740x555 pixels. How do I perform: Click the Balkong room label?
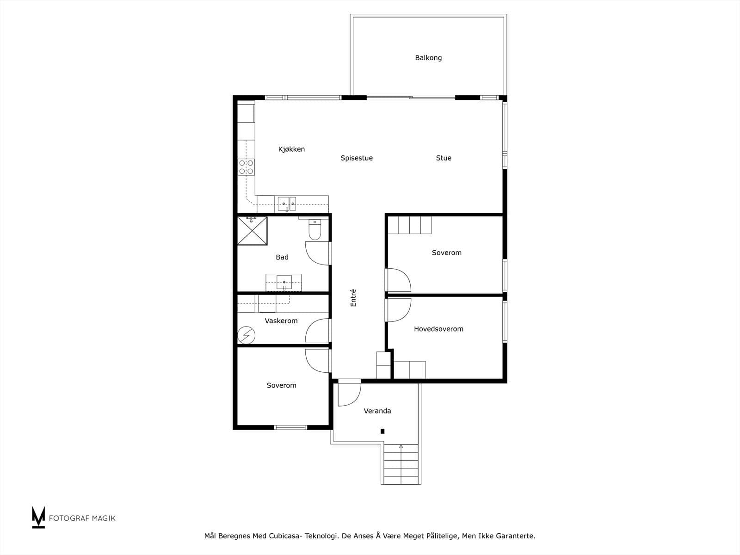tap(428, 58)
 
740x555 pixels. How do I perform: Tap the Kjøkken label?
tap(291, 149)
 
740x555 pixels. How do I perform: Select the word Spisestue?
tap(356, 158)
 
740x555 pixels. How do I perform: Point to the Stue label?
tap(444, 158)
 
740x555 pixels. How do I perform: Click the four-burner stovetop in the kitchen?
tap(246, 167)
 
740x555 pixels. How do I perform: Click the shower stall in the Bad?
tap(252, 231)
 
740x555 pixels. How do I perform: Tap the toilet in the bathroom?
tap(314, 229)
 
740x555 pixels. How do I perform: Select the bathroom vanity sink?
tap(284, 283)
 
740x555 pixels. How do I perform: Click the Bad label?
tap(282, 257)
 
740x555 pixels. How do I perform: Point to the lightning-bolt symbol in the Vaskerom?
tap(246, 335)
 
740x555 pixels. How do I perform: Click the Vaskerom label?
tap(281, 321)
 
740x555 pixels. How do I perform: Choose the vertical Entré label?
tap(353, 298)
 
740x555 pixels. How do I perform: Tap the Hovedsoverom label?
tap(438, 329)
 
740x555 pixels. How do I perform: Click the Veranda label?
tap(377, 411)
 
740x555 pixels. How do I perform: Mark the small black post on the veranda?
tap(382, 431)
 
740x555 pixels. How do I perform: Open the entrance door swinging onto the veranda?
tap(349, 393)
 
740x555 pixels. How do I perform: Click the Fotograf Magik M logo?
tap(38, 517)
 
